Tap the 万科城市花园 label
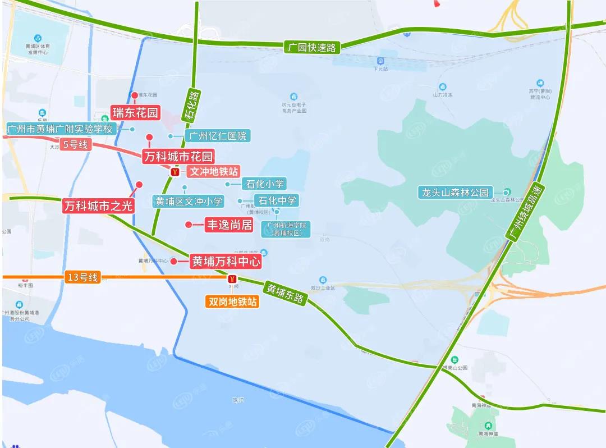point(178,156)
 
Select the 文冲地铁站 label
point(213,171)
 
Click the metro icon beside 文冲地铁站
point(176,172)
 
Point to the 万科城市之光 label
point(98,206)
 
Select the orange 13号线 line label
point(82,277)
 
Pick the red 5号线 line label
point(76,144)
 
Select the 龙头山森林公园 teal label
point(456,192)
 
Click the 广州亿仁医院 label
point(217,136)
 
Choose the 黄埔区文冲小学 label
point(189,201)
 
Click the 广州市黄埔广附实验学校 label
point(60,129)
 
